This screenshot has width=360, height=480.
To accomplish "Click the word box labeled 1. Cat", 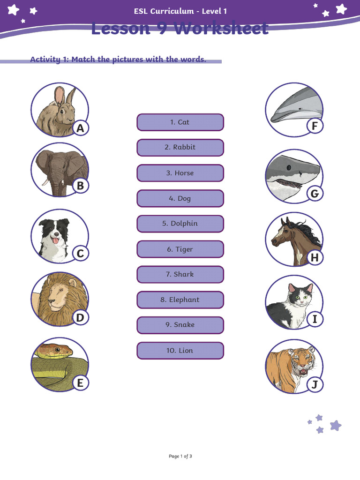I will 180,122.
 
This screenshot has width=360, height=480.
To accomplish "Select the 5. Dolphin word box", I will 180,224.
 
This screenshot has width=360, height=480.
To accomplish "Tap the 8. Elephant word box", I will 180,300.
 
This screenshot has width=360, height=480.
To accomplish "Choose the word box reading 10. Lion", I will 180,351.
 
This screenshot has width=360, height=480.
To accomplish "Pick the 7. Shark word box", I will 180,274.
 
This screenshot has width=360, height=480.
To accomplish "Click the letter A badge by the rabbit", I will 81,128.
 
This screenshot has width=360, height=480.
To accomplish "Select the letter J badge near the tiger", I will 315,385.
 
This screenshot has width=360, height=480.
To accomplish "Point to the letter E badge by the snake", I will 80,383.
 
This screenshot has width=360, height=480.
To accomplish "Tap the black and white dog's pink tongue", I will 55,240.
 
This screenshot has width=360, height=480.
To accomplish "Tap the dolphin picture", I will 293,108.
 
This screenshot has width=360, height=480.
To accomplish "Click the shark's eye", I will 290,167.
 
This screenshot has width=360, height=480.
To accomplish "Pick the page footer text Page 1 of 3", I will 180,456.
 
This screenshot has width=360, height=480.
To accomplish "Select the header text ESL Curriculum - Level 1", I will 180,11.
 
